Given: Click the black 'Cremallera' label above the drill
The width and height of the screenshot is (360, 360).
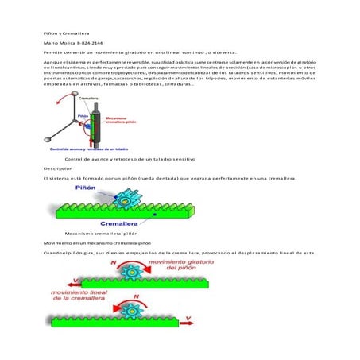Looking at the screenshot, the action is (x=89, y=98).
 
